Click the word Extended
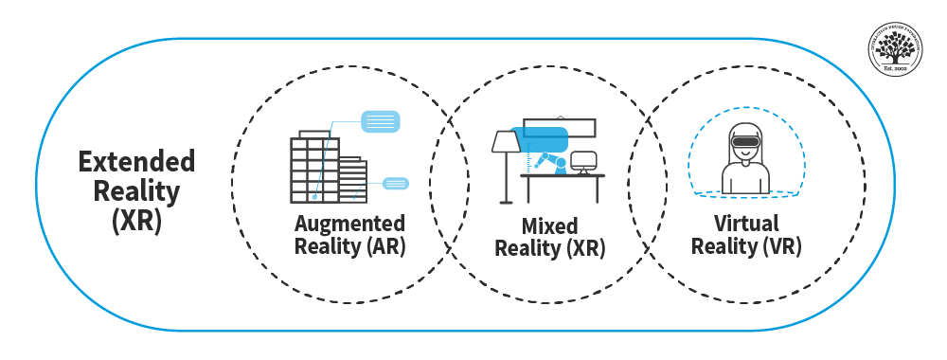[136, 161]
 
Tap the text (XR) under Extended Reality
[136, 222]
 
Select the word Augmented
[349, 224]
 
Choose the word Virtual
[747, 225]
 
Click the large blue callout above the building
[381, 121]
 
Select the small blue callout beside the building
[396, 183]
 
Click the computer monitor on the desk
[584, 161]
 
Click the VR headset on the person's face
[744, 143]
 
